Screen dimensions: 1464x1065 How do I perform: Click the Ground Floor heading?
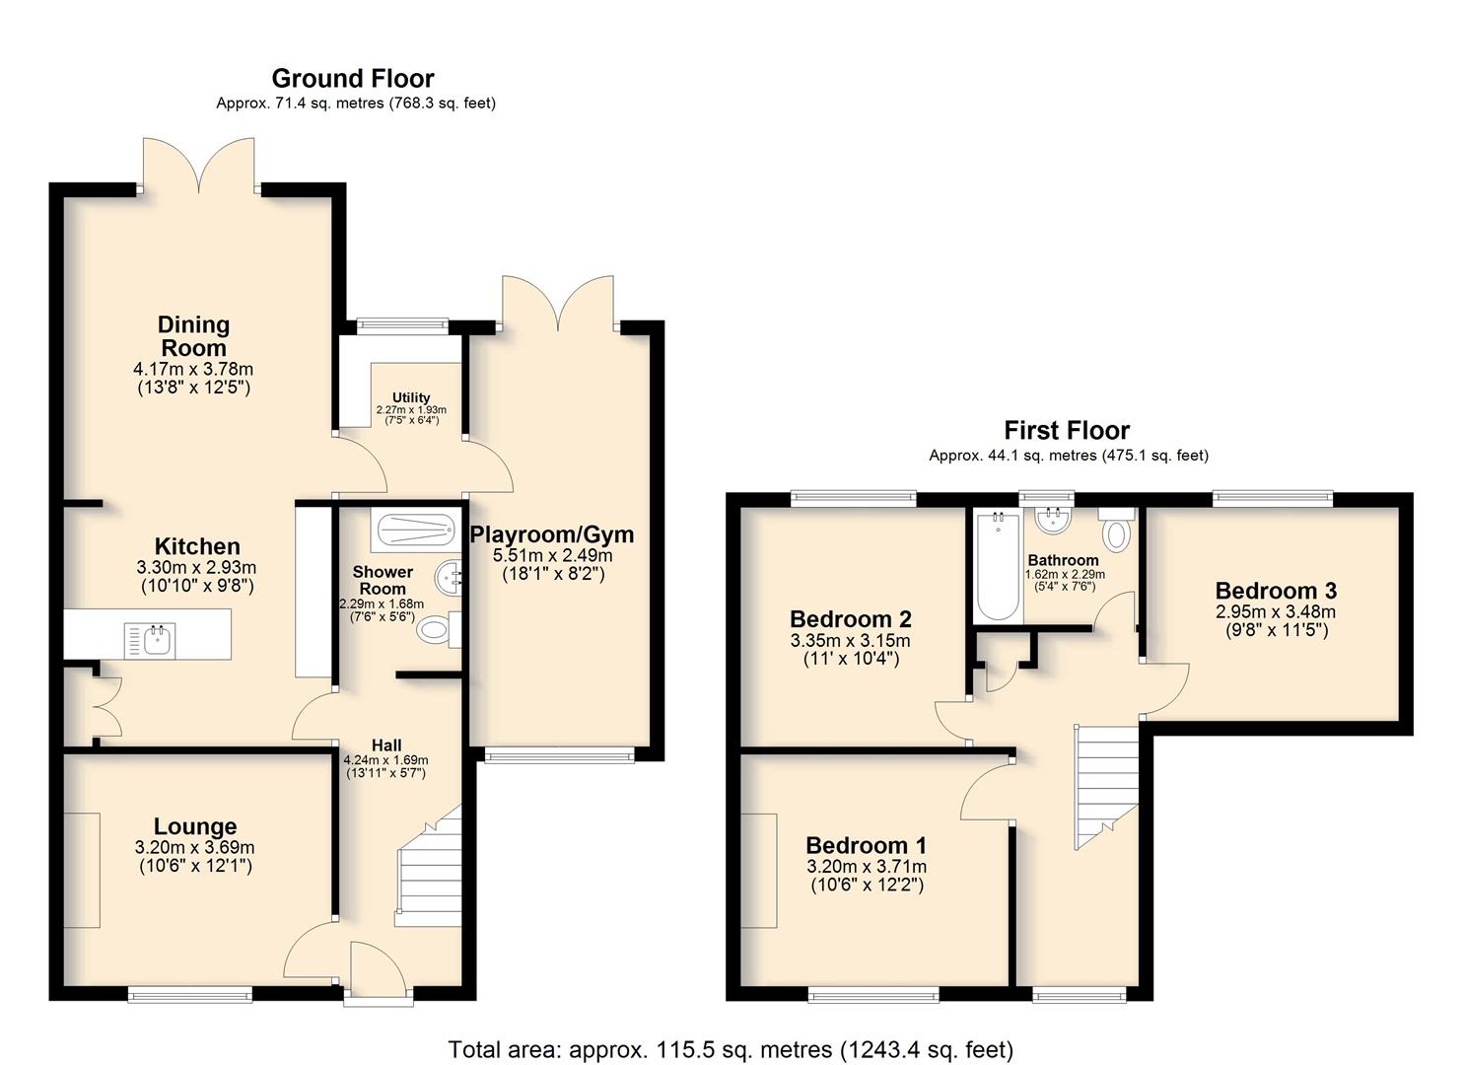353,79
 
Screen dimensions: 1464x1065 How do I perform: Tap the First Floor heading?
1067,430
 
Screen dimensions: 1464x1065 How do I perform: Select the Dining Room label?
193,336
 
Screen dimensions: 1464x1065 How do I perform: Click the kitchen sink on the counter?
150,639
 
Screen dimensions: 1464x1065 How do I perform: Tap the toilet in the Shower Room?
439,629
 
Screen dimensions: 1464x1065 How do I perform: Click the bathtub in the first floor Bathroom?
998,566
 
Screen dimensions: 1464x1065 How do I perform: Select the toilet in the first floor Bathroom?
1116,530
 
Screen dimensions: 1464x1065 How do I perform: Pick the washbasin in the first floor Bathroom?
1053,521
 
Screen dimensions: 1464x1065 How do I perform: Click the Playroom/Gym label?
552,534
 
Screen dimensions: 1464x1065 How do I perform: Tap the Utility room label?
411,396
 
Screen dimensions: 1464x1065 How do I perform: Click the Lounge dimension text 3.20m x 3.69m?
195,847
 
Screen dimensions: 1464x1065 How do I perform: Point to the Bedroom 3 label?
1276,591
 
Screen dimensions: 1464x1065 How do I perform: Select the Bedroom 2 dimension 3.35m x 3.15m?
850,640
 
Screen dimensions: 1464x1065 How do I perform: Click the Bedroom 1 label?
866,845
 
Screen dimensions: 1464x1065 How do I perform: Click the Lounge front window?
190,995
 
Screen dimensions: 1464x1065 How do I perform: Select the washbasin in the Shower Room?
449,578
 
